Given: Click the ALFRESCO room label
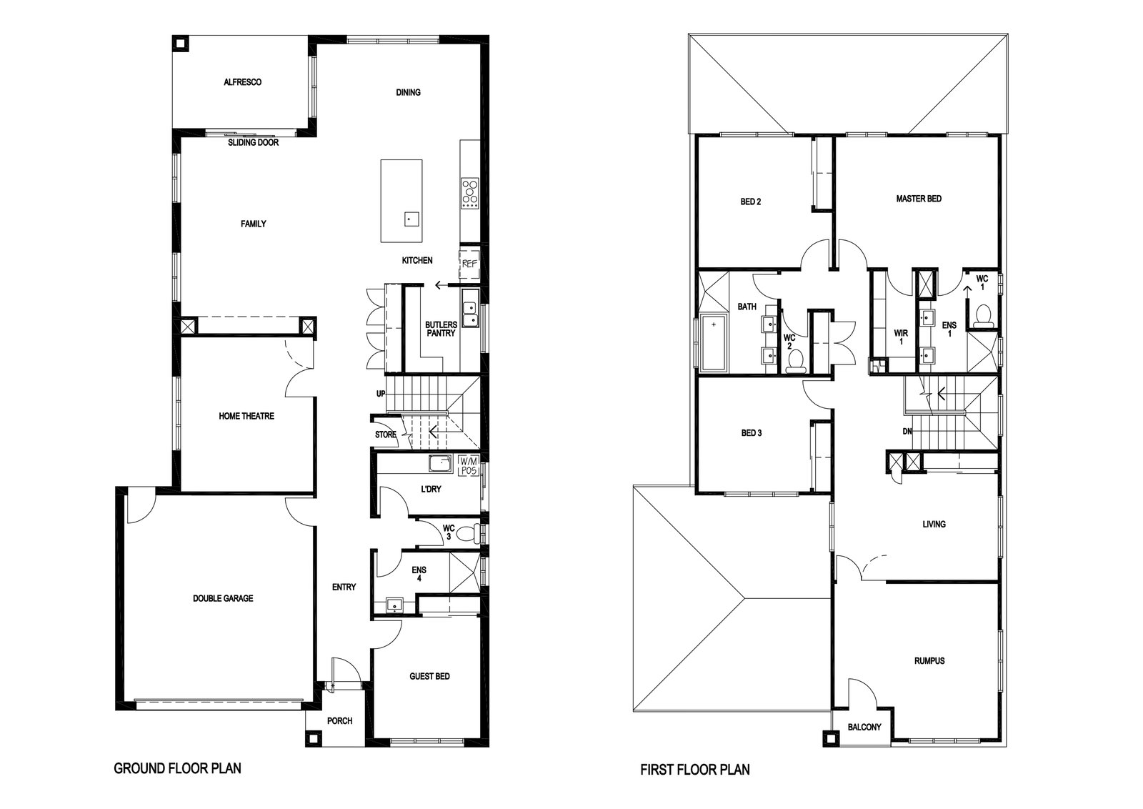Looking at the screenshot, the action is click(242, 82).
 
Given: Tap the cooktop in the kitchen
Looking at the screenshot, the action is click(470, 193).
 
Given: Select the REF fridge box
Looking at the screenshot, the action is click(469, 264).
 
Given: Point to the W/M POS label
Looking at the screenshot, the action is click(469, 466).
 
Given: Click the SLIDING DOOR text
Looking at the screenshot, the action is click(253, 143).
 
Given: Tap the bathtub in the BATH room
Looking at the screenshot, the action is click(714, 342).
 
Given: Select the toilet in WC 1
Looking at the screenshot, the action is click(982, 315).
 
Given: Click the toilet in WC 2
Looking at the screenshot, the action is click(796, 362).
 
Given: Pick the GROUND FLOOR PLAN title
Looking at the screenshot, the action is click(178, 768).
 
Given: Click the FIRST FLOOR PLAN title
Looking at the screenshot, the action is click(695, 769).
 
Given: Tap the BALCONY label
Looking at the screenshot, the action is click(864, 727).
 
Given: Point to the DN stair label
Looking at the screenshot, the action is click(907, 431).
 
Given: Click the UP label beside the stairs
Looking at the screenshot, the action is click(381, 394).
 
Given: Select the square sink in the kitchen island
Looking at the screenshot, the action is click(411, 219).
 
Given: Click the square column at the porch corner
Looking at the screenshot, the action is click(314, 738).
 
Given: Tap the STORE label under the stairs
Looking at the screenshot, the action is click(386, 435).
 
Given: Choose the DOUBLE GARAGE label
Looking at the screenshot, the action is click(223, 598).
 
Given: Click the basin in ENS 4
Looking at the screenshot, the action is click(394, 605).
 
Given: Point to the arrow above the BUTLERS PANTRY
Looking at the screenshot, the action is click(441, 285).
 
